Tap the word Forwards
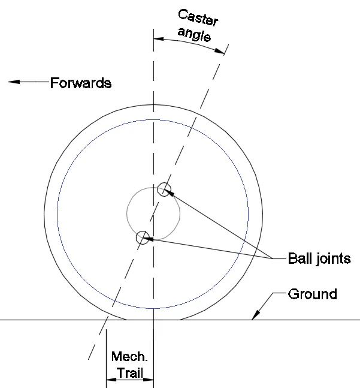point(81,83)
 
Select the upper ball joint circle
point(164,190)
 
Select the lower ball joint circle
point(142,237)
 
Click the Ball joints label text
point(319,259)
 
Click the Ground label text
point(312,294)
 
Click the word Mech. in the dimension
point(129,357)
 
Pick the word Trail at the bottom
point(130,372)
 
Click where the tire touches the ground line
point(154,320)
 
